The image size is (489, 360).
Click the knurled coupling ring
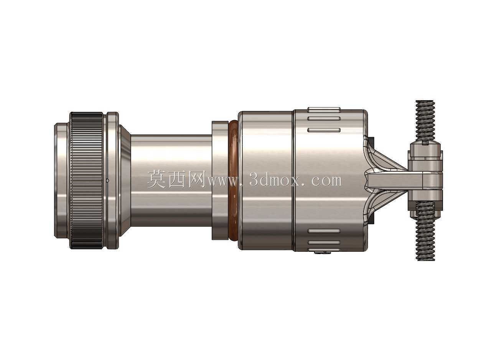86,180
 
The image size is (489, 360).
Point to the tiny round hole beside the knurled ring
107,180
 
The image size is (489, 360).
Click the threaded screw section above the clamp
425,122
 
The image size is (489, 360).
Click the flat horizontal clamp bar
395,180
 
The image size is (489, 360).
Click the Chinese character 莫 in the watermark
157,180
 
